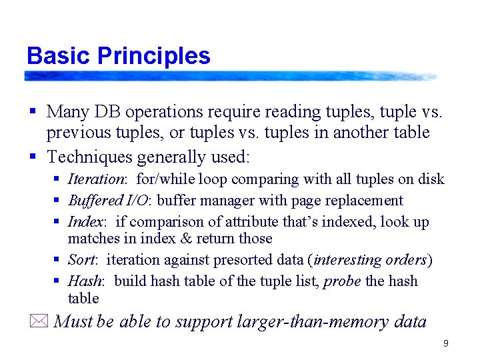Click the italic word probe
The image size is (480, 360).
[x=342, y=281]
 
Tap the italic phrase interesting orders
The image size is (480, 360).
[x=371, y=260]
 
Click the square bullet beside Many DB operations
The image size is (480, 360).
[x=32, y=111]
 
